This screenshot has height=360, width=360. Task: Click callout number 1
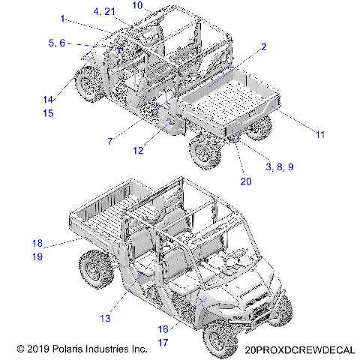coord(62,17)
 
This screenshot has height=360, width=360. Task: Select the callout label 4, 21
coord(104,12)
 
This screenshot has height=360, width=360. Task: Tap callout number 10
coord(137,5)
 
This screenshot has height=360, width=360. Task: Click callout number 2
coord(263,46)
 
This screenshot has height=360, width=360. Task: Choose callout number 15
coord(48,113)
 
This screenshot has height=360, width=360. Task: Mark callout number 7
coord(110,140)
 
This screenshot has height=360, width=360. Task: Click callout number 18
coord(37,243)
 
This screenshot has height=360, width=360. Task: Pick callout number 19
coord(37,256)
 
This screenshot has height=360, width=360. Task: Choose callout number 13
coord(105,319)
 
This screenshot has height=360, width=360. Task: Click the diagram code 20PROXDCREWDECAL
coord(298,349)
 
